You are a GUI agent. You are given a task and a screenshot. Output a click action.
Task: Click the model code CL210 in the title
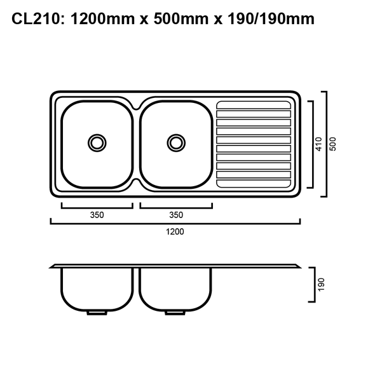[36, 20]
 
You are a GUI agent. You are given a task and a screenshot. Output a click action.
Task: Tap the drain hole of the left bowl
[97, 142]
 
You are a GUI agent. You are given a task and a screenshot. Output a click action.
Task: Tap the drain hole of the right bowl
[175, 142]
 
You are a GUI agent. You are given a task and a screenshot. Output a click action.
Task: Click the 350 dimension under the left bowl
[97, 215]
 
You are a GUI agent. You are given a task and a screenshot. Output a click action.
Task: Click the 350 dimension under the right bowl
[176, 215]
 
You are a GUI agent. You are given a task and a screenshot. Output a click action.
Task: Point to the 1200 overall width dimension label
[175, 232]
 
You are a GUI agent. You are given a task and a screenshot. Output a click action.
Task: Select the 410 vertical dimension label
[319, 144]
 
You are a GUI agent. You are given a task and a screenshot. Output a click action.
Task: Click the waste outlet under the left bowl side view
[97, 312]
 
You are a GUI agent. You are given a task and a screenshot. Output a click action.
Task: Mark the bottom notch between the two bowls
[136, 183]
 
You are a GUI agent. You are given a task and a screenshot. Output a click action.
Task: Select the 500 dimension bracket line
[326, 144]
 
